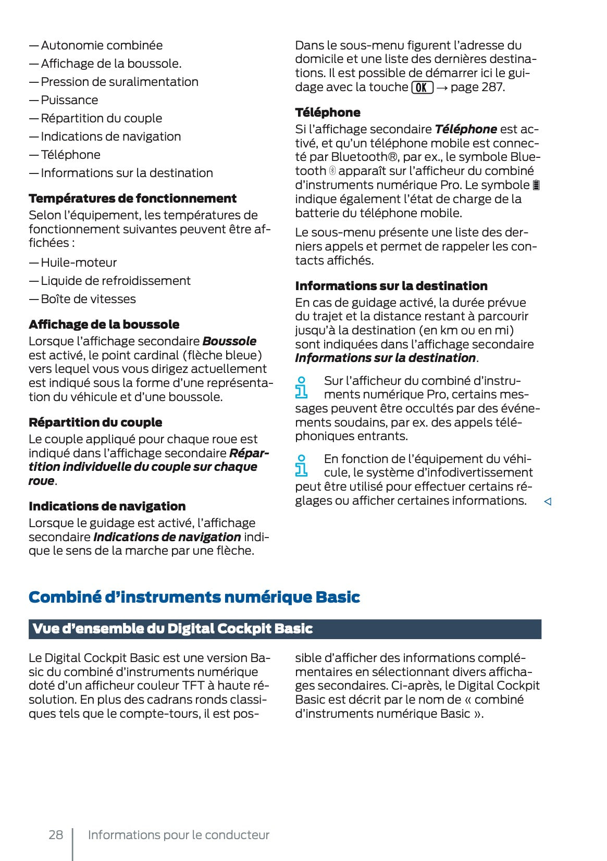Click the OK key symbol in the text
(x=422, y=88)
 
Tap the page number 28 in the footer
(x=56, y=835)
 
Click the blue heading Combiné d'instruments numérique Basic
(x=194, y=597)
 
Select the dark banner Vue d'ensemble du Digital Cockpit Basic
(x=284, y=629)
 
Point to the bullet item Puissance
(x=69, y=100)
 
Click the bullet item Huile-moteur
(x=79, y=263)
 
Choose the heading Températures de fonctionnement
(x=132, y=198)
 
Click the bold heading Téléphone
(x=327, y=113)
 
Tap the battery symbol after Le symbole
(x=537, y=185)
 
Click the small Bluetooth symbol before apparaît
(x=332, y=171)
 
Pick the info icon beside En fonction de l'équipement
(x=301, y=465)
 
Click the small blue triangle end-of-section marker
(x=548, y=502)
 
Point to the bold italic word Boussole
(x=229, y=341)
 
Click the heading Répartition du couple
(x=95, y=422)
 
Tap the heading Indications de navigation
(x=107, y=506)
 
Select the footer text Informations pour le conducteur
(x=179, y=835)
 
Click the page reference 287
(x=492, y=88)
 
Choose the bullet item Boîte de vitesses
(x=88, y=299)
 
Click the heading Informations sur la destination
(x=391, y=286)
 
